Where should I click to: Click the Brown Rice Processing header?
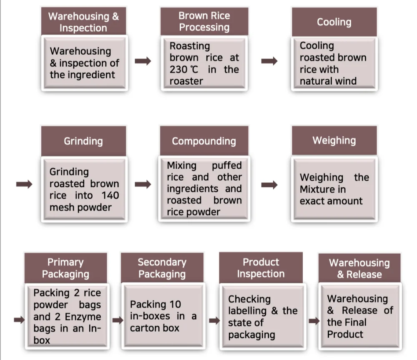[x=204, y=21]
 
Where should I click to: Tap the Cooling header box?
[x=334, y=22]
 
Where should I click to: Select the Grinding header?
[x=83, y=141]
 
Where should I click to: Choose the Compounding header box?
[x=204, y=141]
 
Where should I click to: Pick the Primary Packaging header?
[x=65, y=268]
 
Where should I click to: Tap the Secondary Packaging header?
[x=162, y=268]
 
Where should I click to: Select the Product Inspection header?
[x=261, y=268]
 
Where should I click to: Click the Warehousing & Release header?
[x=359, y=268]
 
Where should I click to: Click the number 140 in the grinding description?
[x=110, y=195]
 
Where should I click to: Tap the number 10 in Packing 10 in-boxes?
[x=174, y=304]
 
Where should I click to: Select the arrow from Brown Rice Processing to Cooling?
[x=269, y=61]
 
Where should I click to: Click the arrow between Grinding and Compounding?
[x=143, y=184]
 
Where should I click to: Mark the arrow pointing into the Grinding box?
[x=24, y=184]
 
